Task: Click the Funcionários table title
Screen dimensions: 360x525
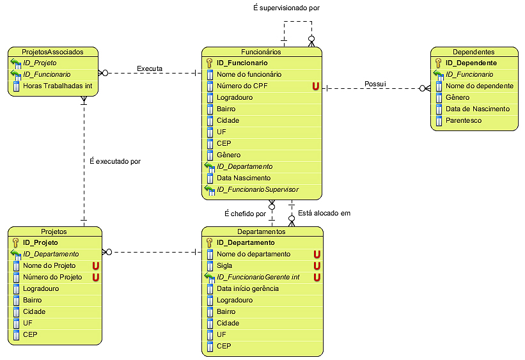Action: click(x=261, y=52)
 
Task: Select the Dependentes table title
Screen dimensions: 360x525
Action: click(x=473, y=52)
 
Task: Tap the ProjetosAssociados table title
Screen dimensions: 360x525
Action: click(x=52, y=52)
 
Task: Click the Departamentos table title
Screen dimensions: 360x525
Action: click(x=261, y=231)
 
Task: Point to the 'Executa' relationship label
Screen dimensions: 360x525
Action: click(x=150, y=68)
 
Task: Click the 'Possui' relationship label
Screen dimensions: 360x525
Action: click(x=375, y=84)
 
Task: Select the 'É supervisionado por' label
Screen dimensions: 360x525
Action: click(x=286, y=8)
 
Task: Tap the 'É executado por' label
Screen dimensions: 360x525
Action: click(x=115, y=162)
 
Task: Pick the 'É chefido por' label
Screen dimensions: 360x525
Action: click(x=244, y=214)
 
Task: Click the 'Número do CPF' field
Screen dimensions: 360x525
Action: click(x=242, y=86)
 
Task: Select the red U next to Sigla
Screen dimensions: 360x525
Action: click(x=317, y=266)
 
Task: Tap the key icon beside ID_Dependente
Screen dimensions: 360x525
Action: click(x=438, y=63)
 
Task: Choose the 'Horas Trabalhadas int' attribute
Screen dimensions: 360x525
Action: click(x=58, y=86)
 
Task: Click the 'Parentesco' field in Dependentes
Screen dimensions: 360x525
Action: click(x=464, y=121)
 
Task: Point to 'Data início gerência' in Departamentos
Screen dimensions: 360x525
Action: click(x=247, y=289)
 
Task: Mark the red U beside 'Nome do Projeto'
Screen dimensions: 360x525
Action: click(x=97, y=266)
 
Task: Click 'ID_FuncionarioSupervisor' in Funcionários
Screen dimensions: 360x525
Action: click(x=257, y=190)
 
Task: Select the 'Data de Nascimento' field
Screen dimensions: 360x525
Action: click(x=477, y=109)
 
